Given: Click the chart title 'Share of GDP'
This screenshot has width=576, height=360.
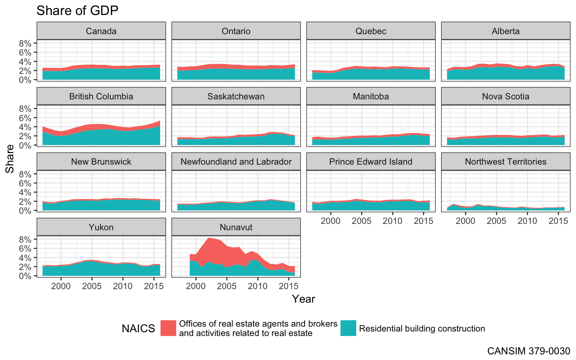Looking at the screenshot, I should [77, 10].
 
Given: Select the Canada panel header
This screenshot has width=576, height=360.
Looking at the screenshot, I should [101, 31].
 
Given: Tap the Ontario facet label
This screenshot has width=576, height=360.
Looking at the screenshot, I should [236, 31].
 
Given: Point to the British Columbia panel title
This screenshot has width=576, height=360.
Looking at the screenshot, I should [101, 96].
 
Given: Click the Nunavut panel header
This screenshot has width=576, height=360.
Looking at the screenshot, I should [236, 227].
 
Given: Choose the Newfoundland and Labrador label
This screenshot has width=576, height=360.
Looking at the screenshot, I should [236, 162].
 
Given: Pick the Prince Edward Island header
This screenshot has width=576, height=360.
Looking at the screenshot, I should [370, 162].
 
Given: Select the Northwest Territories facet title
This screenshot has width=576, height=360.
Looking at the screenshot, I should [505, 162].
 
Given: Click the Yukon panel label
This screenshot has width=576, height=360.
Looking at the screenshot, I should [101, 227].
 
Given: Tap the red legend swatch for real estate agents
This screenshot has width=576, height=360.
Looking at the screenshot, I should [168, 328].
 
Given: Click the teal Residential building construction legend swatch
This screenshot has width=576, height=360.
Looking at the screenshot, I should [348, 328].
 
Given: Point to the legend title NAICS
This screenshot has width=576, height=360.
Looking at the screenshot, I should [138, 329].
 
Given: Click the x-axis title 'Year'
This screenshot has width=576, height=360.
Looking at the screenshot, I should [303, 299].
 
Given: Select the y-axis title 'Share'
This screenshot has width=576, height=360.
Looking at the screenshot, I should [10, 159].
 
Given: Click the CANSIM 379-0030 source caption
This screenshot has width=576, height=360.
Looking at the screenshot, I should [528, 351].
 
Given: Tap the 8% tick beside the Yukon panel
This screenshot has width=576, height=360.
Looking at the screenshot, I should [25, 239].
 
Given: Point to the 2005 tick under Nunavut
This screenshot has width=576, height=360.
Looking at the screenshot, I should [226, 286].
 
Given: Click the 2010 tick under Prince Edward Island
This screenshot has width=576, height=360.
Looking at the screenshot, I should [392, 221].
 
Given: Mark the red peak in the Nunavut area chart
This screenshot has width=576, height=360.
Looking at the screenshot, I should [208, 238].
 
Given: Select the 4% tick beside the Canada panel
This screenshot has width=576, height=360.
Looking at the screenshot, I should [25, 61].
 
